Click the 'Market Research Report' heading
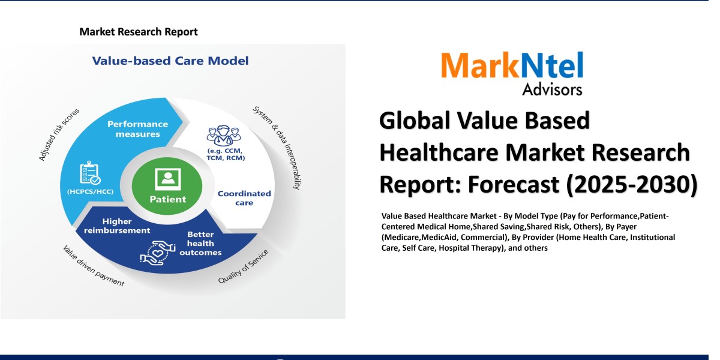(139, 32)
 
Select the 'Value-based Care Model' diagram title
(170, 61)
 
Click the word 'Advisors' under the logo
(552, 89)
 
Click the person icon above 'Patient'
(167, 178)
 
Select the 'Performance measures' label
(137, 129)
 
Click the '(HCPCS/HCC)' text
(90, 191)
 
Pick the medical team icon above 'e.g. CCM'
(219, 136)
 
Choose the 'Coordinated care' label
(244, 198)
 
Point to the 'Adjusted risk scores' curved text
(59, 134)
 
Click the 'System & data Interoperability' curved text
(277, 147)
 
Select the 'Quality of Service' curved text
(243, 268)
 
